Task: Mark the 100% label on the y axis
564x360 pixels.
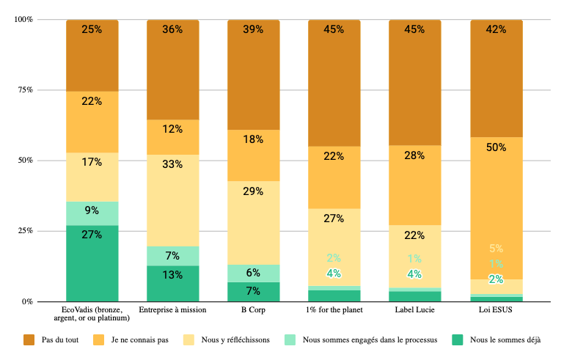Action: point(23,20)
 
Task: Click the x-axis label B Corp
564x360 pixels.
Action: point(254,309)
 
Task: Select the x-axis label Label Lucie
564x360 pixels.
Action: point(415,309)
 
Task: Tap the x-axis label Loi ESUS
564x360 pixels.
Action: point(496,309)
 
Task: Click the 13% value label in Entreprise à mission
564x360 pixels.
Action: point(173,275)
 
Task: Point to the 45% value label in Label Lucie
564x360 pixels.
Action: point(415,30)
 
